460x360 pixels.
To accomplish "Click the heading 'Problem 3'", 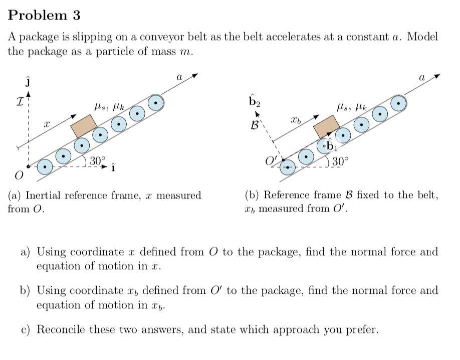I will point(44,15).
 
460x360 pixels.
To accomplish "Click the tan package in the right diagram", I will point(327,126).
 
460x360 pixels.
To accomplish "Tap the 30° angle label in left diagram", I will point(98,161).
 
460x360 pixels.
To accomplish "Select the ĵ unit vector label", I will point(29,82).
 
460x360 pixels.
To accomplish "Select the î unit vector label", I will point(113,167).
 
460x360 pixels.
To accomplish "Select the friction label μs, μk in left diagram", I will point(109,106).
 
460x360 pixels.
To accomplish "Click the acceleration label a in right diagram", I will point(422,78).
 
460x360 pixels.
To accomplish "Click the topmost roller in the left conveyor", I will point(156,102).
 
